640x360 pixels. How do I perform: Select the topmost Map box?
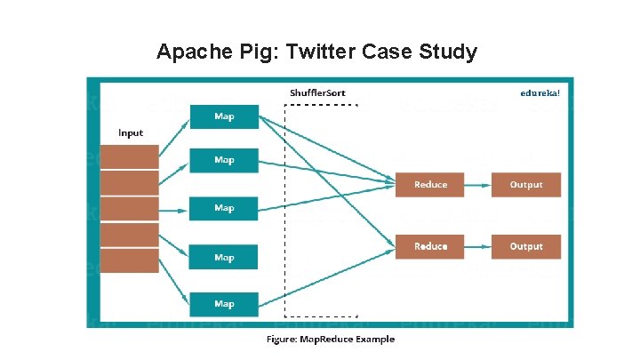224,116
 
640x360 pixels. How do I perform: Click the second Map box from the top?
224,160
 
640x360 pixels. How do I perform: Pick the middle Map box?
224,208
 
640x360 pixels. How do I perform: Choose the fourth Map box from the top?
224,257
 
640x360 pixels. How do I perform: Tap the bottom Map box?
224,304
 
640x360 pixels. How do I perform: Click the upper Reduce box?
431,185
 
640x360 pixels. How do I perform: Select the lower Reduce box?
431,245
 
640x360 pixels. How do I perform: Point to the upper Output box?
526,185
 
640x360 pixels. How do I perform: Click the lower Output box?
526,245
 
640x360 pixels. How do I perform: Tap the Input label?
131,133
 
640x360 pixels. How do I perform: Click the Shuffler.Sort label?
318,92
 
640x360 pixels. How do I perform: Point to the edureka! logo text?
540,92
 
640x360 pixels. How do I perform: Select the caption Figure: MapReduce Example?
331,339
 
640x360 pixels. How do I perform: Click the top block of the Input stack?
129,156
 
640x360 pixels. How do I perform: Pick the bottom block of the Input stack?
129,260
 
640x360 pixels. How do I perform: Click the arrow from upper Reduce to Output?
478,185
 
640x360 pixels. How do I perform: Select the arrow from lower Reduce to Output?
478,245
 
